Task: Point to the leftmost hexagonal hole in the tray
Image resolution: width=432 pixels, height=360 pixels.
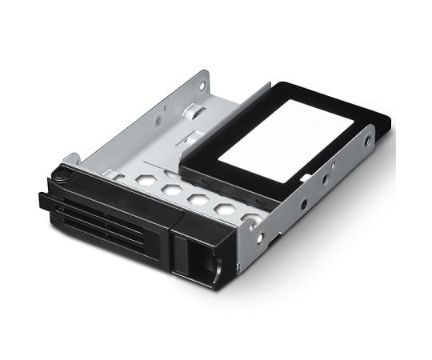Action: click(145, 179)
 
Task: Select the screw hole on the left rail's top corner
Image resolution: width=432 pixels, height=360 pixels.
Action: click(202, 82)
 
